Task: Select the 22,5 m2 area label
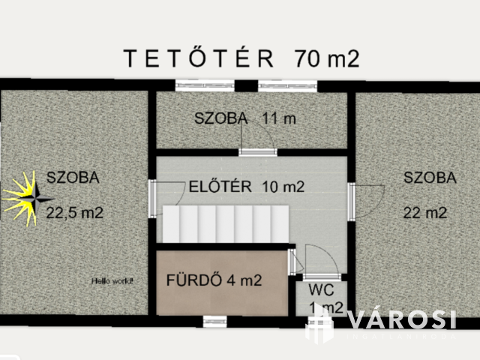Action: pyautogui.click(x=74, y=212)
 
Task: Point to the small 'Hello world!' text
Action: pyautogui.click(x=112, y=281)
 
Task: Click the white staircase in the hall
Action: pyautogui.click(x=225, y=224)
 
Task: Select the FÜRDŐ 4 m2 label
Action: pyautogui.click(x=214, y=281)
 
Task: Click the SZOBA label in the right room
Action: pyautogui.click(x=430, y=178)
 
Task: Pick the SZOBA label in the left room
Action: pyautogui.click(x=73, y=178)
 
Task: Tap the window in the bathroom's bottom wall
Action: pyautogui.click(x=214, y=320)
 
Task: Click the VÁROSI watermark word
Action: pyautogui.click(x=401, y=319)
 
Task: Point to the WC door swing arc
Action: pyautogui.click(x=313, y=259)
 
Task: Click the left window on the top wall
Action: pyautogui.click(x=195, y=85)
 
